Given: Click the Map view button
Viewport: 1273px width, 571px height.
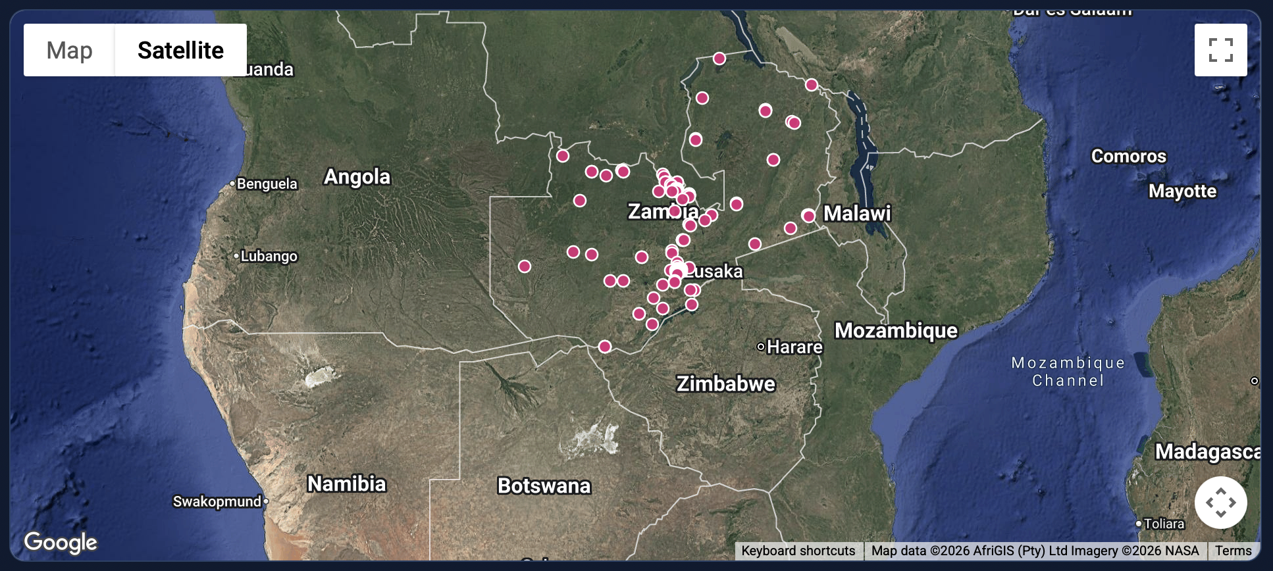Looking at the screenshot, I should click(69, 51).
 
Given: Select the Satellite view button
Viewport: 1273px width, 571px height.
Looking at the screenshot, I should click(180, 51).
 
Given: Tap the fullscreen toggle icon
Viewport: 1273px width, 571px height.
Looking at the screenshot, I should click(1220, 50).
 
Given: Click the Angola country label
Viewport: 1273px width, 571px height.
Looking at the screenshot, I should click(357, 177).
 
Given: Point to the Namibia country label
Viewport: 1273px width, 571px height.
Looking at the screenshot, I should click(346, 484).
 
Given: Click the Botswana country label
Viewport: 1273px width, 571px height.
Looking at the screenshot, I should click(544, 486).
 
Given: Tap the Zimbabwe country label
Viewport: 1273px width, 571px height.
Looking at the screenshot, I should click(725, 384).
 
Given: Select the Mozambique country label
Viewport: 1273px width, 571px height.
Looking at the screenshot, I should click(896, 330).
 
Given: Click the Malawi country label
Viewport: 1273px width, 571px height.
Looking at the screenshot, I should click(857, 213).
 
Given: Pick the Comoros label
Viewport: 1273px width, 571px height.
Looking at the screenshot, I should click(1128, 157).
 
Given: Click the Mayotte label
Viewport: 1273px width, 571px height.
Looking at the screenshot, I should click(1182, 191).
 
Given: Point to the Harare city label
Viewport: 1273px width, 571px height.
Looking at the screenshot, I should click(794, 347).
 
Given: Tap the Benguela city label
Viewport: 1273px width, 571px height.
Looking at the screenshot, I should click(267, 184).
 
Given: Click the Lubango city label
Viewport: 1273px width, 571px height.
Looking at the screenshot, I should click(269, 256).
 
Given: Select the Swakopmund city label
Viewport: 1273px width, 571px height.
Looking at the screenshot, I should click(217, 502).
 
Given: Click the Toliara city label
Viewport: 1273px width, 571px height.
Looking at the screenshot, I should click(1164, 524).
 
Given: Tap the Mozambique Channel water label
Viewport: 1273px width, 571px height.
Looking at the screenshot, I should click(1068, 372).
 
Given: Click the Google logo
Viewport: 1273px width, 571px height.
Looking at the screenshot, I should click(61, 543).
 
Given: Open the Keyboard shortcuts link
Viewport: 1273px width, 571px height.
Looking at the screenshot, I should click(798, 551).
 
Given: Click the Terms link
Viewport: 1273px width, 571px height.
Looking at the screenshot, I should click(1233, 551).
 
